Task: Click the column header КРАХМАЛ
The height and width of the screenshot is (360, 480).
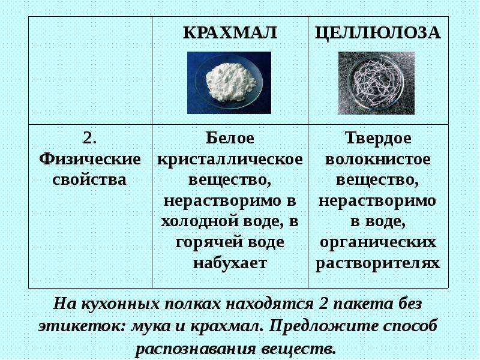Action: click(x=230, y=32)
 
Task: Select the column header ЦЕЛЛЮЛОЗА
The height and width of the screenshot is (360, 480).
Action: click(x=378, y=33)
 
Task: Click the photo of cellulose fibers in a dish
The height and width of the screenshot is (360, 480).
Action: click(x=376, y=83)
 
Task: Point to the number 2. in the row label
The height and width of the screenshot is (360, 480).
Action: click(x=89, y=138)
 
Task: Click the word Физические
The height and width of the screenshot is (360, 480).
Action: click(x=90, y=159)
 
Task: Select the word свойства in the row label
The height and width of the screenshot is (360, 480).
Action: click(x=89, y=179)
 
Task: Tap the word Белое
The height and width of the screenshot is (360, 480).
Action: click(x=230, y=138)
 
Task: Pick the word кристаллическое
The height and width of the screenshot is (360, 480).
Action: click(x=230, y=160)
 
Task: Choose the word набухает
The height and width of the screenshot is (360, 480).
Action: click(x=230, y=263)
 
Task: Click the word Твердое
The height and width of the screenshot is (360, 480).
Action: click(x=378, y=139)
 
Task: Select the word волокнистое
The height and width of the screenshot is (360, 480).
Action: click(x=378, y=160)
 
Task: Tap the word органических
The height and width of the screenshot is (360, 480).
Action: click(x=378, y=242)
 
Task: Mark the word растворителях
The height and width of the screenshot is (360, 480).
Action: click(x=378, y=263)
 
